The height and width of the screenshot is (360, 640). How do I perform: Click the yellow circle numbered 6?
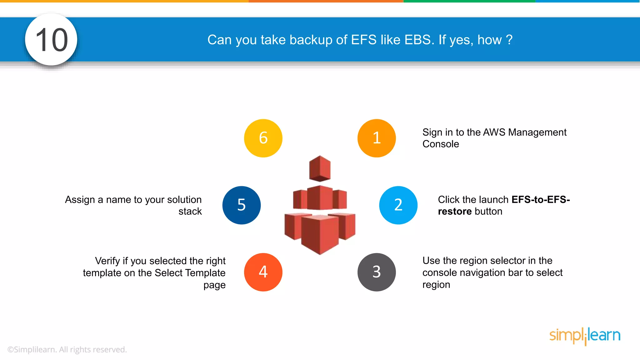(263, 138)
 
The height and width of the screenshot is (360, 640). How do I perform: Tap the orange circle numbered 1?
(377, 138)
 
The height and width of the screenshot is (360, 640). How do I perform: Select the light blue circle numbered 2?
(398, 205)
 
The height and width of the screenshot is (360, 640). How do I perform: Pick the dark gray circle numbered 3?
(377, 272)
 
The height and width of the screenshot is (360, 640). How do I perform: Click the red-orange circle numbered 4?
(263, 272)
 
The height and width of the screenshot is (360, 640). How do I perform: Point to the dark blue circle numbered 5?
(242, 205)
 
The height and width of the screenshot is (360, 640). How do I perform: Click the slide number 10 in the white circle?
(51, 40)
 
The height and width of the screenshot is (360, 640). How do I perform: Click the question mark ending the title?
(509, 40)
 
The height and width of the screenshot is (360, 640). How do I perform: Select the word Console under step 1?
(441, 144)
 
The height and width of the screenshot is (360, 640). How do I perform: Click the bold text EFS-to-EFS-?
(541, 199)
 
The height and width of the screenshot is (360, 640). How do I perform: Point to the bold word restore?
(455, 212)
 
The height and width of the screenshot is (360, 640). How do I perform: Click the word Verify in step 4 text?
(107, 261)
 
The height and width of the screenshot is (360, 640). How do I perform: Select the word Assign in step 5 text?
(80, 200)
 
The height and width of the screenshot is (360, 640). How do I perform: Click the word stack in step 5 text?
(190, 212)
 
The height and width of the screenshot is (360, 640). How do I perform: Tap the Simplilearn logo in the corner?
(585, 336)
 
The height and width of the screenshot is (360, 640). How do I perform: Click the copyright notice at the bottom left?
(67, 349)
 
